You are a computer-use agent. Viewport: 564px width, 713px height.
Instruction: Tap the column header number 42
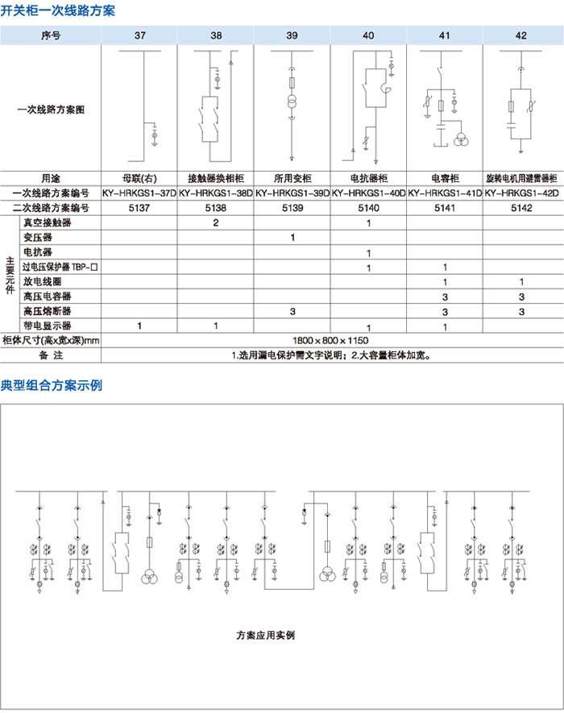point(521,35)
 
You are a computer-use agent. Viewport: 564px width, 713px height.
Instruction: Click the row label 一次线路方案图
point(51,109)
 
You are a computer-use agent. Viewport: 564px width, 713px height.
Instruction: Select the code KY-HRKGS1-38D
point(215,193)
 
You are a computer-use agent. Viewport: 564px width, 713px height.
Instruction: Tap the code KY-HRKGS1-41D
point(445,193)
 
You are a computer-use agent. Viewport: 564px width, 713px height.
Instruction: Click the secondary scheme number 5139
point(292,207)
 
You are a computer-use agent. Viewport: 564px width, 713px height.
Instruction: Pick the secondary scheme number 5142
point(521,207)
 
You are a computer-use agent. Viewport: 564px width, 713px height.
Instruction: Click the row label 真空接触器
point(47,222)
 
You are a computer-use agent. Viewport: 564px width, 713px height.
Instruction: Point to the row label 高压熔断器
point(47,311)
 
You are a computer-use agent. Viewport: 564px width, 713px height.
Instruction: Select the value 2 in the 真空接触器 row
point(215,222)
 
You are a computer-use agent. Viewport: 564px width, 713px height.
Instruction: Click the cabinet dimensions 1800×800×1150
point(330,341)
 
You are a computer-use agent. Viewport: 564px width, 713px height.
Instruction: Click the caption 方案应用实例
point(266,635)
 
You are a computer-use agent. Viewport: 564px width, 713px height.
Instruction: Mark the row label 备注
point(51,355)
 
